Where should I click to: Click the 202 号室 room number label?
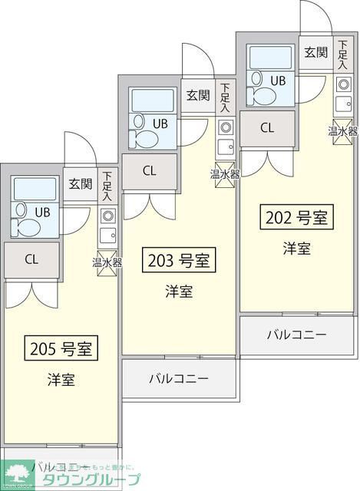297,217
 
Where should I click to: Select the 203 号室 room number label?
178,261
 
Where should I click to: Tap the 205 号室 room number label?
61,349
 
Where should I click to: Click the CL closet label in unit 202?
267,128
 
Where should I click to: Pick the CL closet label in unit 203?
149,170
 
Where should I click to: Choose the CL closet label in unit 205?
31,259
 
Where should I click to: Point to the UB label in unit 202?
277,80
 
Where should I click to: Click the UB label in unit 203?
160,123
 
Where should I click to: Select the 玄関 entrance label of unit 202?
315,52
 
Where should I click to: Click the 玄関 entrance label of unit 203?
198,95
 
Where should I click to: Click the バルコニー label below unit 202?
296,334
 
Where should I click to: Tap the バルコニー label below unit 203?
178,377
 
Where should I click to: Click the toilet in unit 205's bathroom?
25,227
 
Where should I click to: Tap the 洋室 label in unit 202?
296,248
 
